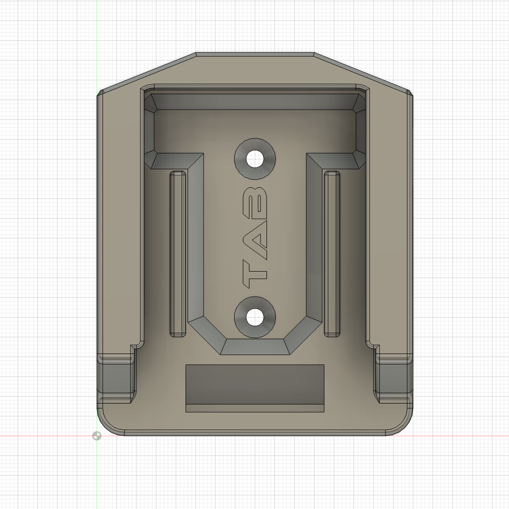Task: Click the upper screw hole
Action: (x=254, y=159)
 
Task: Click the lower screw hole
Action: (x=254, y=317)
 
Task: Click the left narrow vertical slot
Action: (x=178, y=254)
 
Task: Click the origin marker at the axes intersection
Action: (x=97, y=436)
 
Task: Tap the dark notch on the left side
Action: (x=116, y=377)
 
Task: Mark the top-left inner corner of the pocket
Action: (x=149, y=98)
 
